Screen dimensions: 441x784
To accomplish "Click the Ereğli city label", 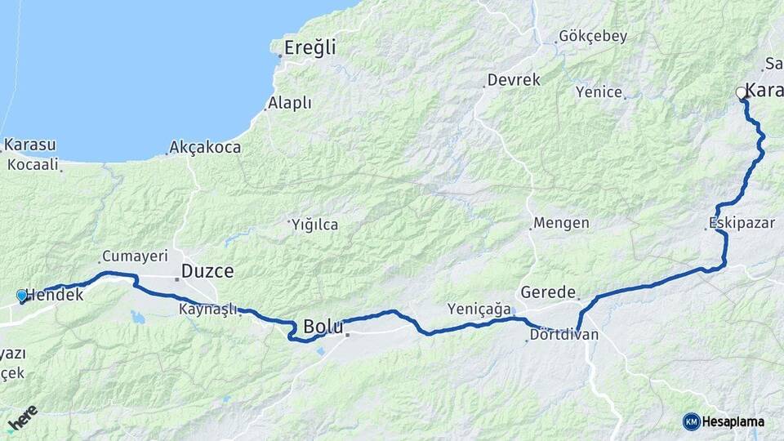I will [x=310, y=47].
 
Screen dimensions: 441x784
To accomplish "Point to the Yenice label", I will [x=599, y=92].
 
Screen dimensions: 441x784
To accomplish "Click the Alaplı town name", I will [x=290, y=103].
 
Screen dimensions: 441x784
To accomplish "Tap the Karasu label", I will [x=29, y=145].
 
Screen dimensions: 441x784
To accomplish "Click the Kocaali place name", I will [x=33, y=164].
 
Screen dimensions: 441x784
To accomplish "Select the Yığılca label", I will [x=315, y=225].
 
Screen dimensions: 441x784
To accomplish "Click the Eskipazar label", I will [x=742, y=222].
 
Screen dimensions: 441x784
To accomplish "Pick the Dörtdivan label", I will [x=563, y=335].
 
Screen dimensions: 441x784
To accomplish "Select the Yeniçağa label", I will [x=479, y=309].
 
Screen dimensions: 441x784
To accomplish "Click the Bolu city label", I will [x=323, y=327].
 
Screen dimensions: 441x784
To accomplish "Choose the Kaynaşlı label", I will [x=207, y=309].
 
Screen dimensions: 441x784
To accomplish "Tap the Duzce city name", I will [x=207, y=271].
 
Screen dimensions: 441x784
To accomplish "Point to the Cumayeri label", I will [x=133, y=256].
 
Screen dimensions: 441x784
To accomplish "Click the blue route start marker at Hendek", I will [x=22, y=296].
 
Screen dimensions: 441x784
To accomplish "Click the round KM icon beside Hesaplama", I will [x=691, y=421].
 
